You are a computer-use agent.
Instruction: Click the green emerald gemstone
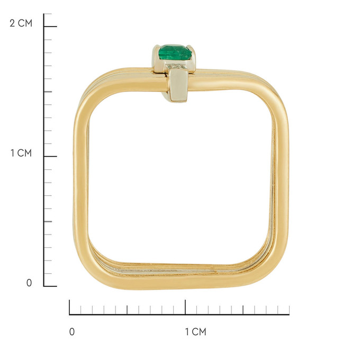[175, 53]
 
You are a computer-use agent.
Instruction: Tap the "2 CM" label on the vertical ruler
[21, 23]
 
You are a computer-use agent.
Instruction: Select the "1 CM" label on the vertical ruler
[21, 153]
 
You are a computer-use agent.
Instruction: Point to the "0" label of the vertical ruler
[29, 283]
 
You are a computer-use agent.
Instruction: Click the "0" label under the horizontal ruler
[72, 332]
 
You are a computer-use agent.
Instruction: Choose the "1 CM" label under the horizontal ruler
[195, 332]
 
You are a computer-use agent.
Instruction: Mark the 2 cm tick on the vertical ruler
[50, 26]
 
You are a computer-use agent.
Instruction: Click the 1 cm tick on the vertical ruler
[50, 156]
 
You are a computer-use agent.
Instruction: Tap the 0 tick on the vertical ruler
[50, 286]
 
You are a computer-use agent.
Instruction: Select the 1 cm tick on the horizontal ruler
[185, 307]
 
